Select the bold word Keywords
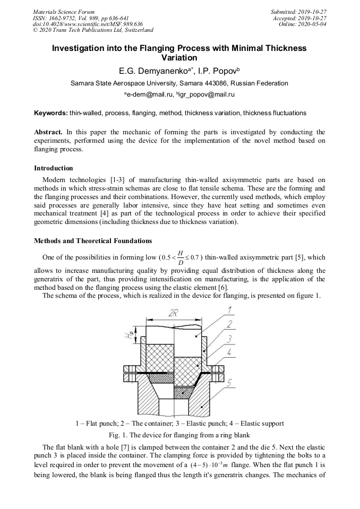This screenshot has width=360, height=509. (50, 113)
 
